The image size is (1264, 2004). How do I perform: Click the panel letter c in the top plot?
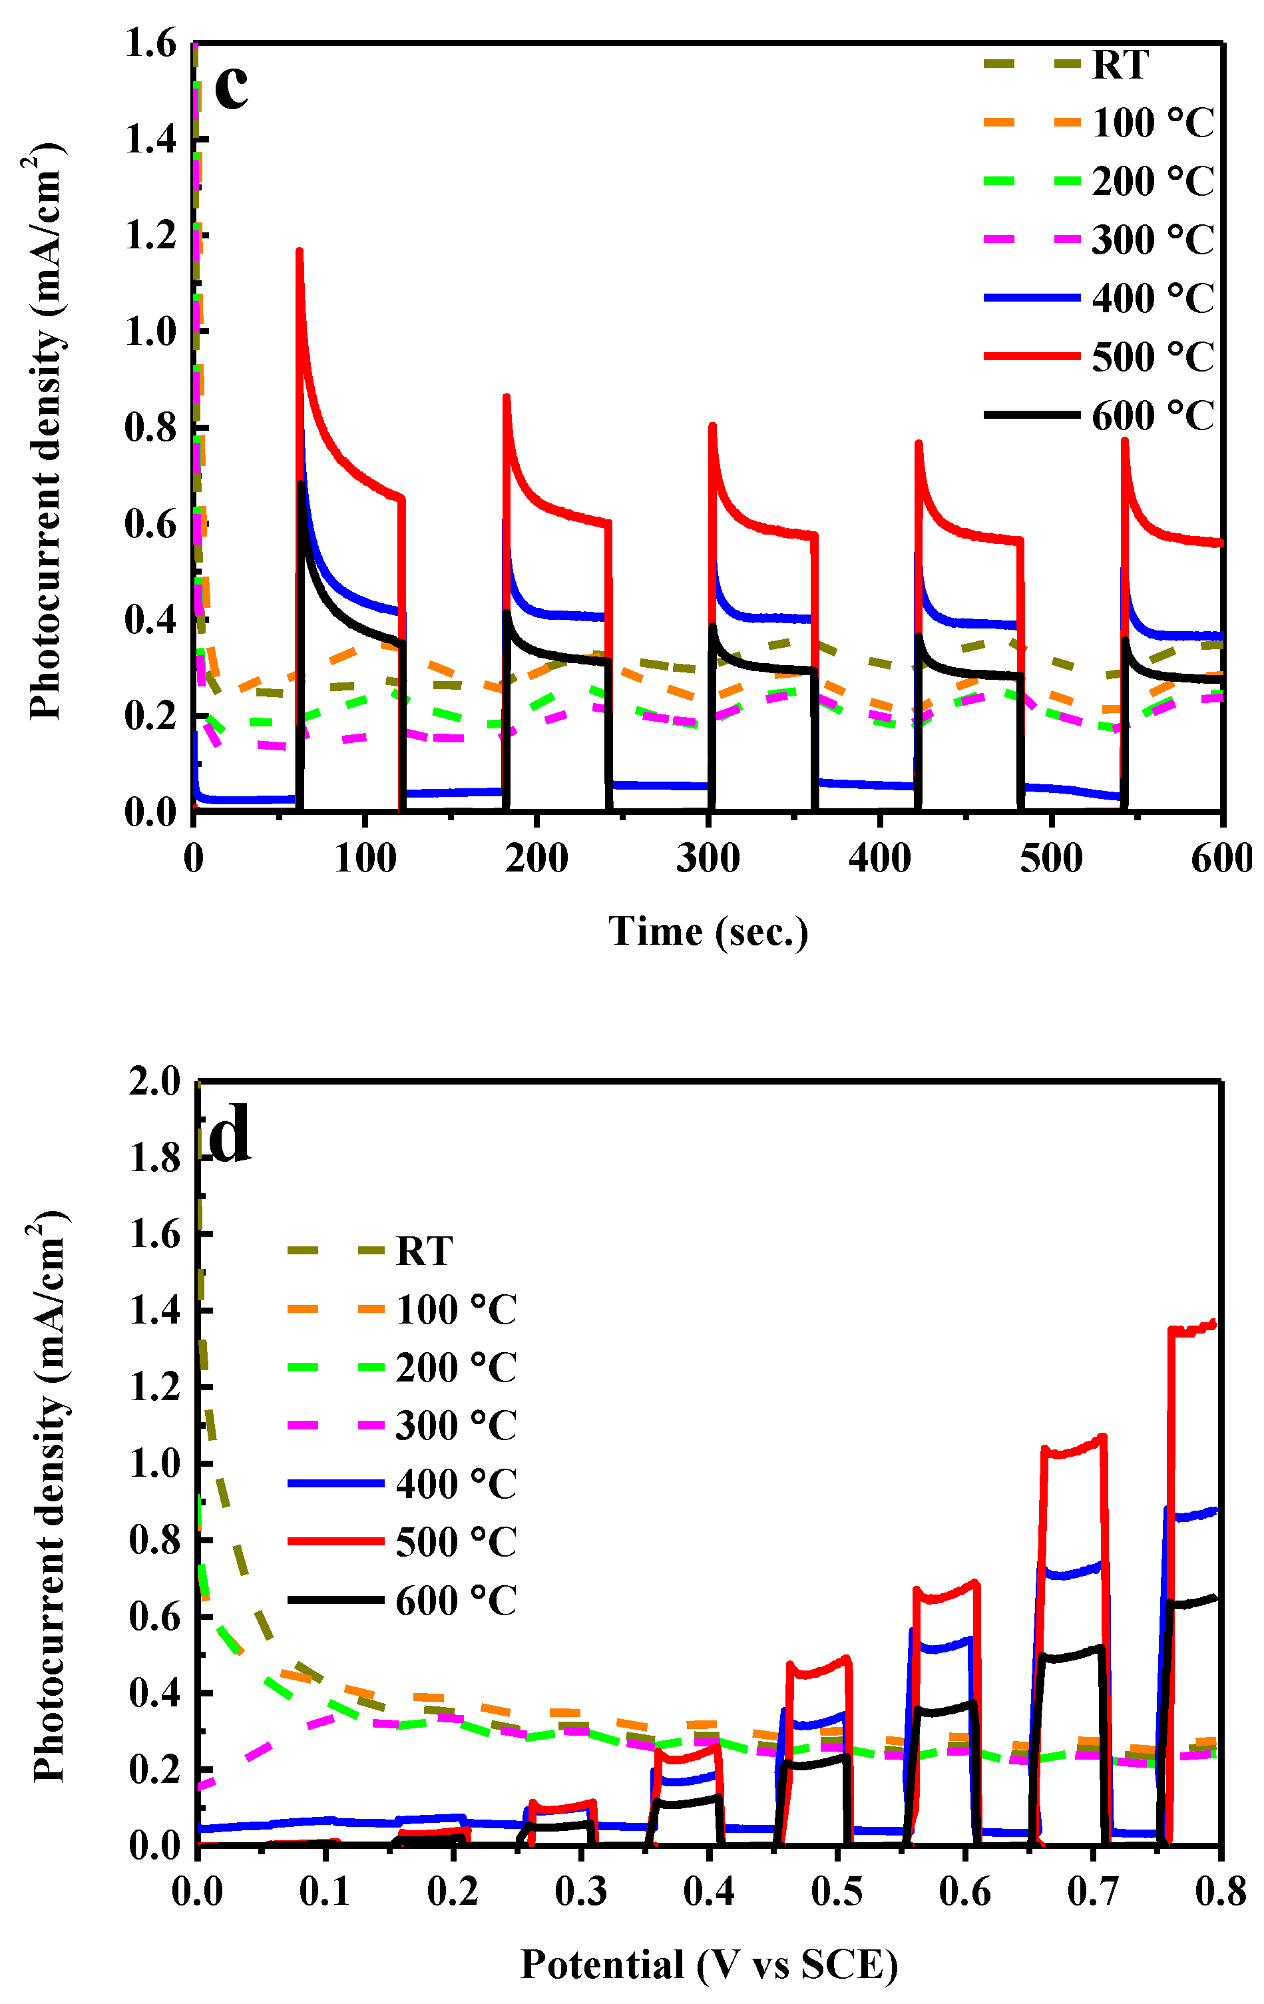pos(232,87)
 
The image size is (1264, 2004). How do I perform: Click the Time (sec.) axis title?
pos(708,931)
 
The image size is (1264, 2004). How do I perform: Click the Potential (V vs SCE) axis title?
pos(709,1965)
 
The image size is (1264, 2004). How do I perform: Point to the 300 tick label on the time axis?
pos(708,859)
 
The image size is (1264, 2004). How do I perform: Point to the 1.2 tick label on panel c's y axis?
pos(152,236)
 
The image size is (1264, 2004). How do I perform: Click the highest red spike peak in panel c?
pos(300,250)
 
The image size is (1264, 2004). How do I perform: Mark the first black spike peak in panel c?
pos(302,483)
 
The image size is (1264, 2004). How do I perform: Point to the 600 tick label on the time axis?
pos(1221,859)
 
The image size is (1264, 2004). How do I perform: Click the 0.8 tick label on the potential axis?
pos(1220,1891)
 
